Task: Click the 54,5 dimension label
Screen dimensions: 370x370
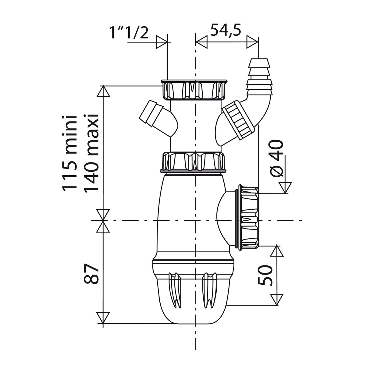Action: (x=225, y=30)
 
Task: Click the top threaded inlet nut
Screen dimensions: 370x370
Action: (x=194, y=90)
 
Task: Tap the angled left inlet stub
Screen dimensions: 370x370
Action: (x=151, y=113)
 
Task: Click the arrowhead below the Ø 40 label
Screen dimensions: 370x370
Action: (x=285, y=187)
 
